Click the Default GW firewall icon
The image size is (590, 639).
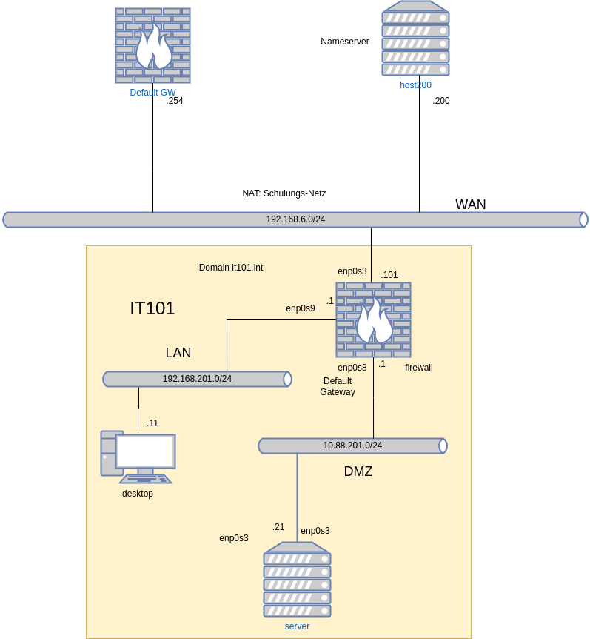pyautogui.click(x=152, y=46)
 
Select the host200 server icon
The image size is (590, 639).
pyautogui.click(x=415, y=39)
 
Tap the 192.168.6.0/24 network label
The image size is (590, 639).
pyautogui.click(x=295, y=219)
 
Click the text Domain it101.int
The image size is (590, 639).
pyautogui.click(x=231, y=268)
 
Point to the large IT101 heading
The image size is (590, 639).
pyautogui.click(x=152, y=308)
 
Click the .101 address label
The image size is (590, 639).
pyautogui.click(x=389, y=275)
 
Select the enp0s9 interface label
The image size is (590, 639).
pyautogui.click(x=301, y=308)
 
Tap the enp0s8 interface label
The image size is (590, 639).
pyautogui.click(x=352, y=368)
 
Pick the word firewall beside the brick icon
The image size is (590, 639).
pyautogui.click(x=419, y=368)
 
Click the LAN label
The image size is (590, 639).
pyautogui.click(x=178, y=353)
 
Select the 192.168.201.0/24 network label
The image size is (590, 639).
pyautogui.click(x=197, y=379)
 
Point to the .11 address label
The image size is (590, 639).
pyautogui.click(x=152, y=423)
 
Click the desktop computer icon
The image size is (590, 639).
pyautogui.click(x=138, y=457)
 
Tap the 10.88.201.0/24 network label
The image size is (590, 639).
pyautogui.click(x=352, y=446)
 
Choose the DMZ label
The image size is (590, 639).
pyautogui.click(x=358, y=471)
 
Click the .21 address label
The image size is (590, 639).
pyautogui.click(x=278, y=527)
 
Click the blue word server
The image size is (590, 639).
pyautogui.click(x=297, y=626)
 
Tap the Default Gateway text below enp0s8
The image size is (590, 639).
pyautogui.click(x=338, y=386)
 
